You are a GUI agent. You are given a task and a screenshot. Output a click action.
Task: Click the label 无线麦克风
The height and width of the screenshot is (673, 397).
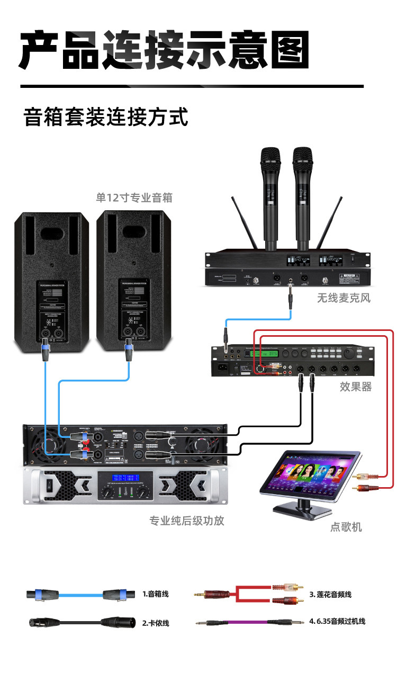[x=344, y=298]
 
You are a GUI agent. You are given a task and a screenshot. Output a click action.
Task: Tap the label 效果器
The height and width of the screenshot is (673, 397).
[x=355, y=387]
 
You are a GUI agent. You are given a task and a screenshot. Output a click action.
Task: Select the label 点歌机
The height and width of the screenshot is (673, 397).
[x=346, y=527]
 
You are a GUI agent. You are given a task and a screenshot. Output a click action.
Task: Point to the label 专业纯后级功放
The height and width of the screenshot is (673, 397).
[x=187, y=521]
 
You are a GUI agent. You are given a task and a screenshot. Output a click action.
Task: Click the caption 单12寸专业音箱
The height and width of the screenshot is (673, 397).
[x=134, y=198]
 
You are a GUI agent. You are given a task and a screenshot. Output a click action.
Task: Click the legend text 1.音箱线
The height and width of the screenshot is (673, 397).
[x=155, y=594]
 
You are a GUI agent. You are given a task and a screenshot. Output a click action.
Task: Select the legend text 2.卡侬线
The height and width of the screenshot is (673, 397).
[x=155, y=623]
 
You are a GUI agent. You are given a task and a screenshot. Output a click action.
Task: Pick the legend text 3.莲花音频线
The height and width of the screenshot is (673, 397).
[x=330, y=594]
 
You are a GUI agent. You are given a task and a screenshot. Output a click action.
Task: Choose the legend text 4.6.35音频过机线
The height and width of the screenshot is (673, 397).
[x=337, y=621]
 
